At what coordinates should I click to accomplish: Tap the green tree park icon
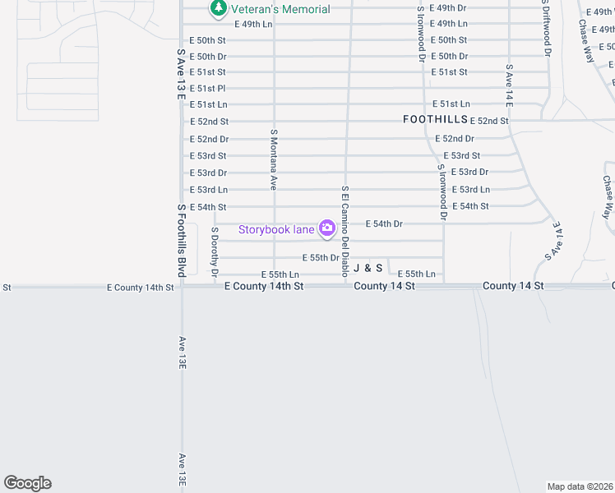point(218,8)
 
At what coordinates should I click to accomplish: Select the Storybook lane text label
point(276,229)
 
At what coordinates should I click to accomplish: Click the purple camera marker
point(327,228)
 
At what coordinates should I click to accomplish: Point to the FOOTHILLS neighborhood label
point(435,119)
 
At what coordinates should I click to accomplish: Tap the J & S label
point(368,268)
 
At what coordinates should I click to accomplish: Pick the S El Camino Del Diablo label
point(346,231)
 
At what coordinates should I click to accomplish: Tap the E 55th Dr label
point(321,257)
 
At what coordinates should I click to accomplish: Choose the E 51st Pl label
point(207,88)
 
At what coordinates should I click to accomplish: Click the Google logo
point(27,483)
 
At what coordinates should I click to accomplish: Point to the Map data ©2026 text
point(580,486)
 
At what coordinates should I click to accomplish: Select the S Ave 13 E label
point(181,74)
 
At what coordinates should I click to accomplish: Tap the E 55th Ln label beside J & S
point(416,274)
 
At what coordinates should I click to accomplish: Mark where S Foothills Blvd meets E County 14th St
point(182,287)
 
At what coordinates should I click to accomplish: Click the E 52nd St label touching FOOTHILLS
point(489,121)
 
